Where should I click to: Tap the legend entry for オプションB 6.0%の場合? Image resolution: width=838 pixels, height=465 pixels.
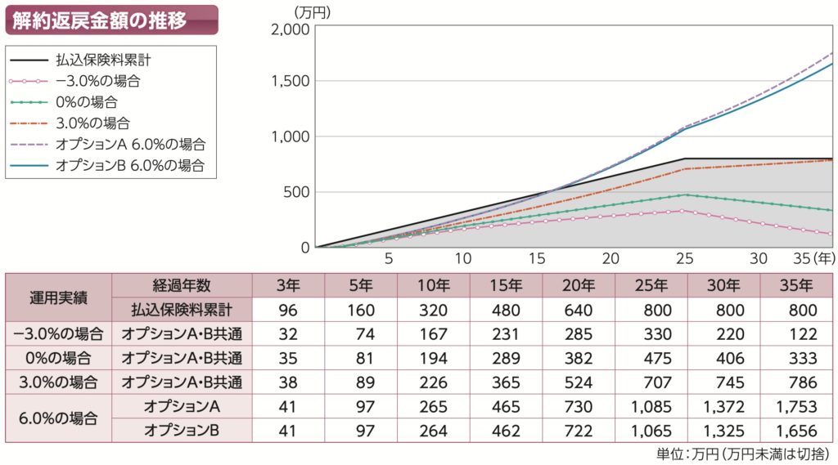(129, 165)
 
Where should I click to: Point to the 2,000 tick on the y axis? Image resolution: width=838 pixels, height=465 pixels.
(290, 29)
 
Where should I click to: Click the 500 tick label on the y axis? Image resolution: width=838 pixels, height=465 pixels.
(297, 192)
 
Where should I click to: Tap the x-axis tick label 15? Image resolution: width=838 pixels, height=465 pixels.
(537, 258)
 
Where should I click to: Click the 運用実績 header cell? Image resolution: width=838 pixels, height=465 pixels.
(59, 297)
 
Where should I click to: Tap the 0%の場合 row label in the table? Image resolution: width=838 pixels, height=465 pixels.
(59, 357)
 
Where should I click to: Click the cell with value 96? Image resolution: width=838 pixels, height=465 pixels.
(289, 310)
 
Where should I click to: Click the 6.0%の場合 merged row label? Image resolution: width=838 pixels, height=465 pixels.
(59, 418)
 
